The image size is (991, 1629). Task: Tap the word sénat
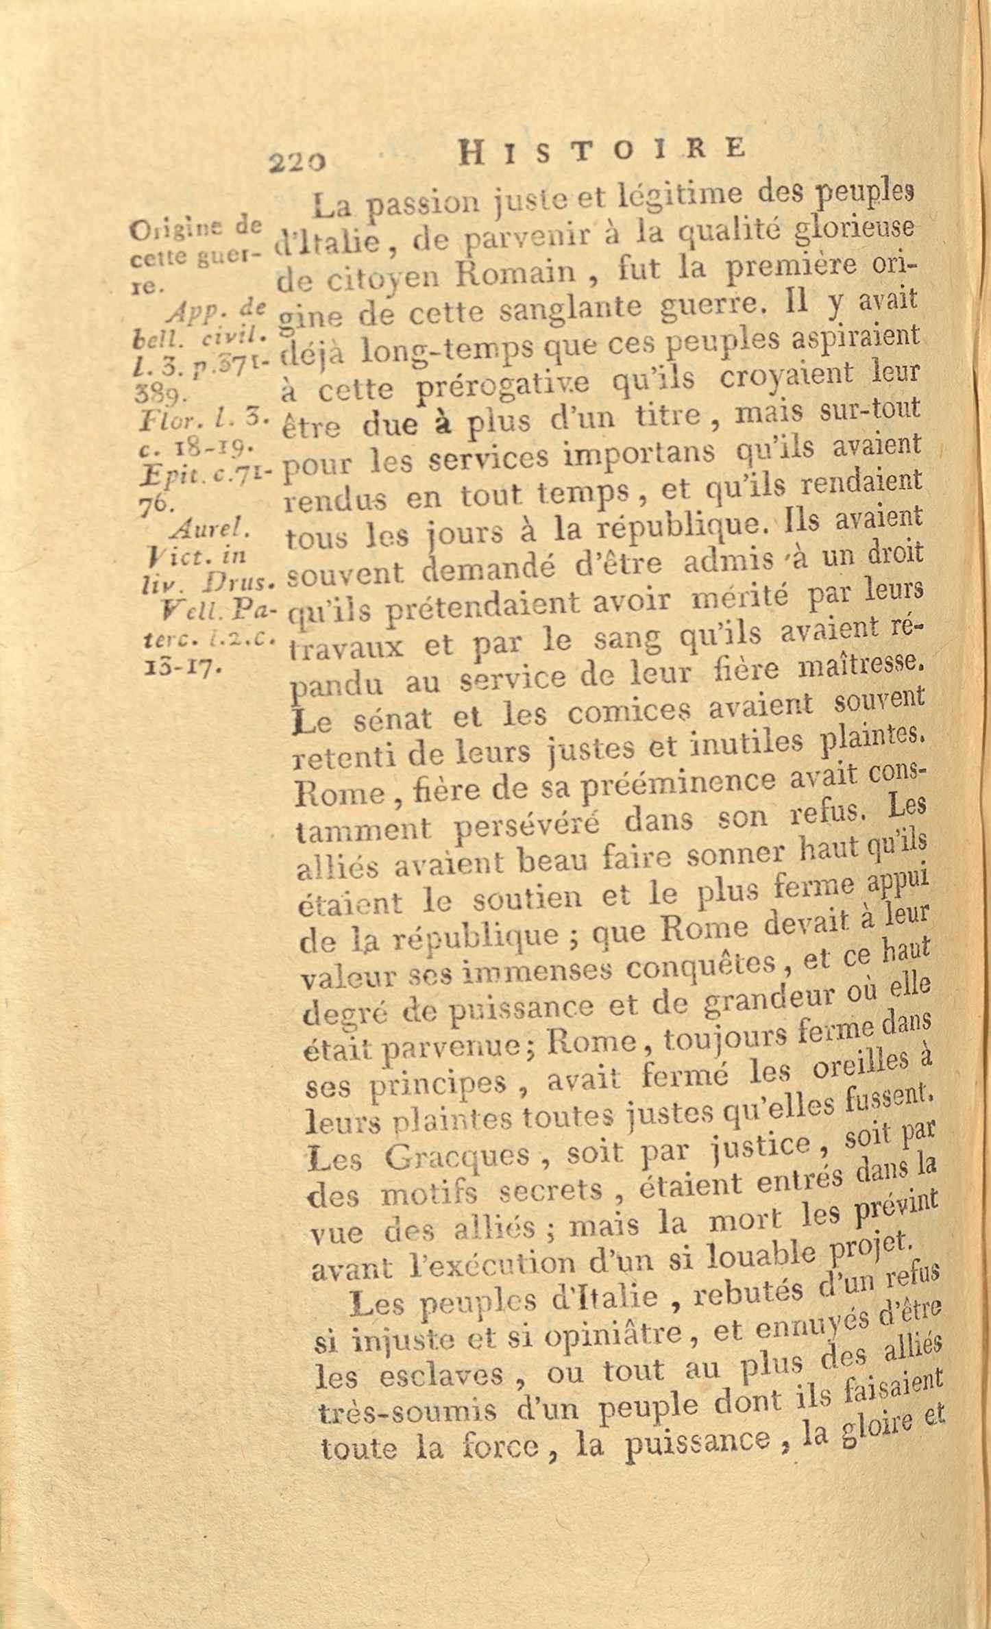[390, 719]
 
